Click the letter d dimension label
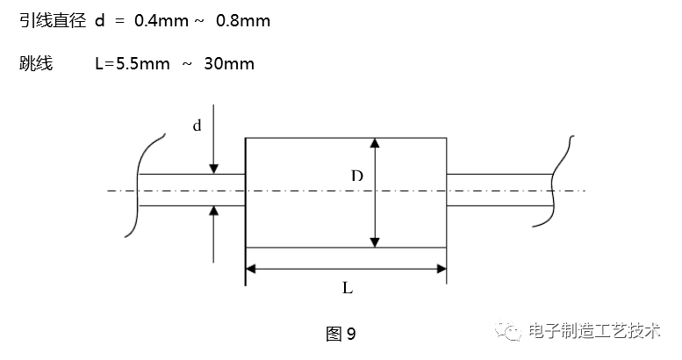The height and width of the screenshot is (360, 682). click(197, 126)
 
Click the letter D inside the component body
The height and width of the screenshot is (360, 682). click(356, 176)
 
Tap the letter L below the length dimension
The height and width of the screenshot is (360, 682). click(348, 287)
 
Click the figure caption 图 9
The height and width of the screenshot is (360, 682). click(340, 334)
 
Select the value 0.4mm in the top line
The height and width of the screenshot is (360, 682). click(162, 20)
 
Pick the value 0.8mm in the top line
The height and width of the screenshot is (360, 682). click(243, 20)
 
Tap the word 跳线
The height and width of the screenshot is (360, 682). click(32, 63)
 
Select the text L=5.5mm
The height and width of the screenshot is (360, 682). click(129, 63)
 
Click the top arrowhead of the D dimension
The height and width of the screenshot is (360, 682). click(375, 144)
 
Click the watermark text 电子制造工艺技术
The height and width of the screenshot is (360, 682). click(594, 332)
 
